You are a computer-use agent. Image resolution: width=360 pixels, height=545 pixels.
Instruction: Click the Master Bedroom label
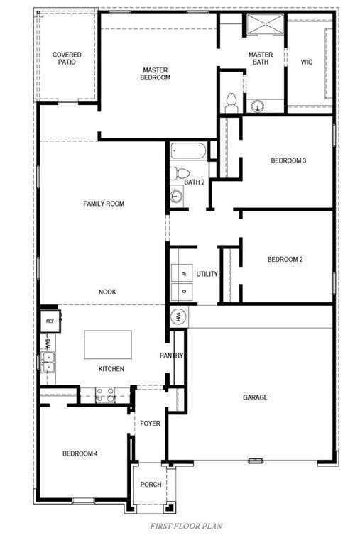[156, 73]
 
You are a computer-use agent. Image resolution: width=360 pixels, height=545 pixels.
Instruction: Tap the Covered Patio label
[67, 58]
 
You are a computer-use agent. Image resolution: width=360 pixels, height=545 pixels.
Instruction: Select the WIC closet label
[307, 62]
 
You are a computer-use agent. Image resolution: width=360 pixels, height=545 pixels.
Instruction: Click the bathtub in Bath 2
[188, 151]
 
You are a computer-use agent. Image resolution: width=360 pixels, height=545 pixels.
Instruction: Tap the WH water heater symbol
[178, 316]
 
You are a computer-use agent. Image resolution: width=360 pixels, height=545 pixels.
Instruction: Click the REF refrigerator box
[50, 321]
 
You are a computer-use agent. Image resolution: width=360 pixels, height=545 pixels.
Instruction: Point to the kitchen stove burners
[105, 394]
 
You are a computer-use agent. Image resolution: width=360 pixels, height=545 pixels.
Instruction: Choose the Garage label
[255, 397]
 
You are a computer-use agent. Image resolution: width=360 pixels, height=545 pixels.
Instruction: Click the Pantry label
[172, 356]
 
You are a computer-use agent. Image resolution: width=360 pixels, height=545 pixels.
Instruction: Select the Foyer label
[151, 424]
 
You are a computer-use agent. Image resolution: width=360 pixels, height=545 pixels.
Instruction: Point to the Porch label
[151, 485]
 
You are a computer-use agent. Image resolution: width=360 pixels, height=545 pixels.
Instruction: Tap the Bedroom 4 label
[80, 453]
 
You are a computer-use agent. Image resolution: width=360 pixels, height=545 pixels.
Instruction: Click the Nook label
[107, 292]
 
